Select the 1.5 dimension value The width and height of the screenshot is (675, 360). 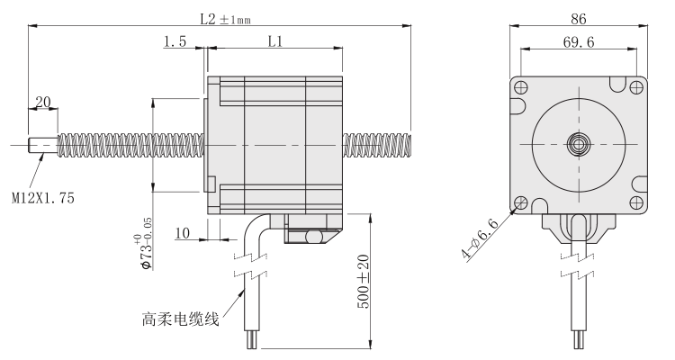[176, 41]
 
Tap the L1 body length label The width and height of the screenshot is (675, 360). [275, 41]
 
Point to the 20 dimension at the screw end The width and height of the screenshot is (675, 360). [42, 102]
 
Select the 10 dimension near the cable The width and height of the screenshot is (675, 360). [182, 233]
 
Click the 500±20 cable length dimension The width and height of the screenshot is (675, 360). [362, 281]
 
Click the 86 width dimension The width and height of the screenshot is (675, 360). [578, 15]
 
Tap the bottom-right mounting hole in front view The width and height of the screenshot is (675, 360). [636, 202]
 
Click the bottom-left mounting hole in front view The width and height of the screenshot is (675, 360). [520, 202]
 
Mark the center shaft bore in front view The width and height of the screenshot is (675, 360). [578, 144]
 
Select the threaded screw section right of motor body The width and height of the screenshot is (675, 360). [376, 144]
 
